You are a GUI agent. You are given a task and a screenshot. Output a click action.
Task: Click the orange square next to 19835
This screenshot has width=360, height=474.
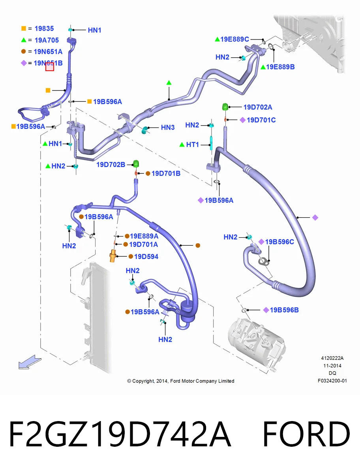click(x=24, y=28)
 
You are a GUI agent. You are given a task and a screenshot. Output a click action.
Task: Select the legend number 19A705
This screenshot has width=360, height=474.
click(x=47, y=40)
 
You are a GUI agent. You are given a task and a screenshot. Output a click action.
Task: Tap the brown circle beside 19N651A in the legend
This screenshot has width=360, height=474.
click(x=24, y=51)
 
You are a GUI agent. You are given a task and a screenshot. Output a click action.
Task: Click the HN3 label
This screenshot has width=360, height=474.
click(x=168, y=128)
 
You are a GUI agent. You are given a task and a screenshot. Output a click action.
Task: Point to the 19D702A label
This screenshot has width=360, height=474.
click(x=258, y=107)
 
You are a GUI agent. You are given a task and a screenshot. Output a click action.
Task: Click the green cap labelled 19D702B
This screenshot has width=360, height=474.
click(x=136, y=164)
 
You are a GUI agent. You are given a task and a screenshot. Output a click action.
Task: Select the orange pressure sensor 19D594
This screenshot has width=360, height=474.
click(x=113, y=256)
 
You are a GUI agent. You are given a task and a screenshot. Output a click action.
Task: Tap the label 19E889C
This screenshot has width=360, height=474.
click(x=235, y=39)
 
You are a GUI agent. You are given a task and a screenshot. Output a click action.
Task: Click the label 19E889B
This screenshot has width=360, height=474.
click(x=280, y=67)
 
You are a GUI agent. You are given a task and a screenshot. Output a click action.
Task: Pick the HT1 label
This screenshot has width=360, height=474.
click(x=192, y=145)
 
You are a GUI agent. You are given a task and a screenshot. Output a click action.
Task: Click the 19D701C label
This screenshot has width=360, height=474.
click(x=261, y=120)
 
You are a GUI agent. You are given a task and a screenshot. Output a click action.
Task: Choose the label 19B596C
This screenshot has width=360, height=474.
click(x=279, y=242)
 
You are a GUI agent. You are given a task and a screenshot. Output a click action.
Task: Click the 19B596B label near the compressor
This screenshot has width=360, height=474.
click(x=284, y=310)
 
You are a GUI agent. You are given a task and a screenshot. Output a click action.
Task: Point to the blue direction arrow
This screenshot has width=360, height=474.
click(x=30, y=363)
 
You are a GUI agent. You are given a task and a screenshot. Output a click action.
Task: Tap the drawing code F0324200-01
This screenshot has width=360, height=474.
click(x=332, y=381)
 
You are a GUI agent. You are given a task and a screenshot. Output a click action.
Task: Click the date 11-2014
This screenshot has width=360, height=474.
click(x=332, y=366)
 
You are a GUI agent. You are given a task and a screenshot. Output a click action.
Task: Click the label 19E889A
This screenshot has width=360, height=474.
click(x=144, y=236)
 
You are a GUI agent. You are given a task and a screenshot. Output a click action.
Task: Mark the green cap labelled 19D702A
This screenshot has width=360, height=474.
click(x=225, y=107)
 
